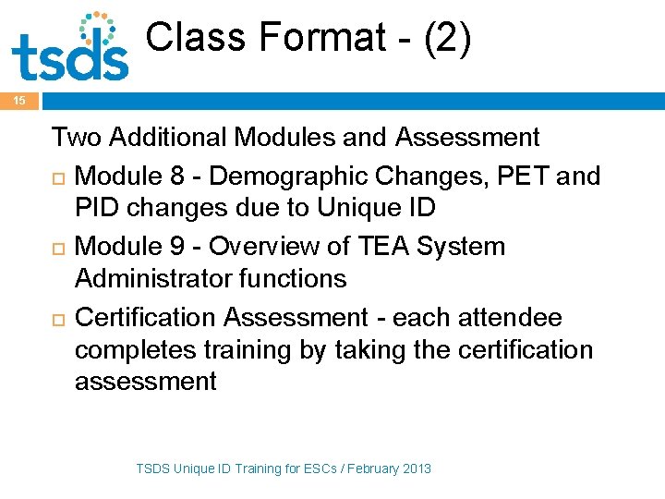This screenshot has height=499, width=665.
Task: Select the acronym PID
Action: point(97,207)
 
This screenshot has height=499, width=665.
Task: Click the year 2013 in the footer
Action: point(416,469)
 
